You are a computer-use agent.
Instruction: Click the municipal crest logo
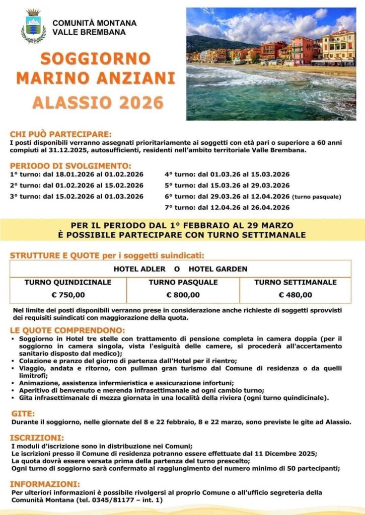[34, 26]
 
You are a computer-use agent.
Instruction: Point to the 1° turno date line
[77, 175]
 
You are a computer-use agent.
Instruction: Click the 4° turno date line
[227, 175]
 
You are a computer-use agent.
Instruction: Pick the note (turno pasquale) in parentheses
[317, 197]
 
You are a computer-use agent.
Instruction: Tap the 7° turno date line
[227, 207]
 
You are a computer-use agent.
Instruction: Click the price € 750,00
[68, 295]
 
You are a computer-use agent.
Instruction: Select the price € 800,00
[183, 295]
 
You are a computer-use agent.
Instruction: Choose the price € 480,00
[296, 295]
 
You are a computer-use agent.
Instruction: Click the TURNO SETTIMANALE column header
[296, 282]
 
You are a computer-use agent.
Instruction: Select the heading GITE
[23, 413]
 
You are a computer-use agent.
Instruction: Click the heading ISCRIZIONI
[37, 438]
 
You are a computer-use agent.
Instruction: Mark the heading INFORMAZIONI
[45, 484]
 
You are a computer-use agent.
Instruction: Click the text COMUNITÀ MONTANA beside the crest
[94, 23]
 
